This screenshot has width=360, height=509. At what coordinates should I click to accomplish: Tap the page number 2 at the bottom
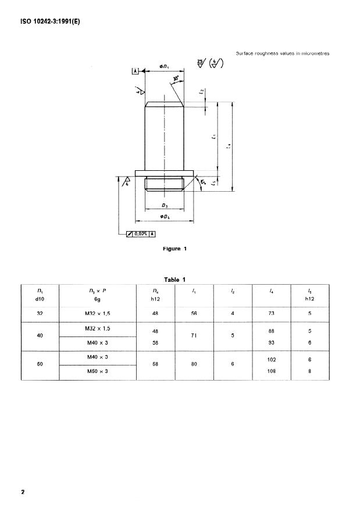[x=23, y=492]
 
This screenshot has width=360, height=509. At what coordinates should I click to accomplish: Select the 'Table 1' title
[x=174, y=279]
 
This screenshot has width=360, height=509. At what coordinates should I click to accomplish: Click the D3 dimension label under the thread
[x=165, y=206]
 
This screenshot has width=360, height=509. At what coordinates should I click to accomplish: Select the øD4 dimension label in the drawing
[x=165, y=217]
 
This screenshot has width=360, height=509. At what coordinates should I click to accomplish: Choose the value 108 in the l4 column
[x=271, y=371]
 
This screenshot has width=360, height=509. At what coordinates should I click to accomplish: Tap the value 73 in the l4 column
[x=271, y=313]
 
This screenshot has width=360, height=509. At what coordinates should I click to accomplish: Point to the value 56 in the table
[x=194, y=313]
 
